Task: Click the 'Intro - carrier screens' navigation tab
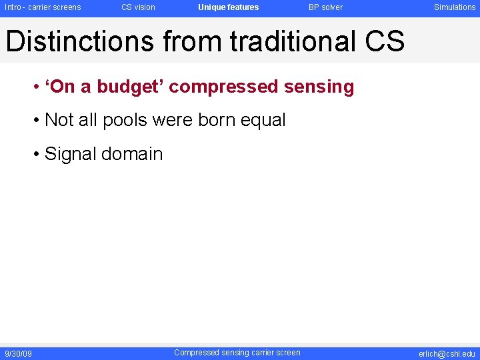[x=43, y=7]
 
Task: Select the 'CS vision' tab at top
[x=138, y=7]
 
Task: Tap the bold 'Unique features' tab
[x=228, y=7]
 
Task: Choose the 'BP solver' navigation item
[x=325, y=7]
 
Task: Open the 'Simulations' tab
[x=455, y=7]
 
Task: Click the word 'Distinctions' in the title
[x=79, y=41]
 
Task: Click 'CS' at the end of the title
[x=385, y=41]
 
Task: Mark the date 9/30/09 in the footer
[x=18, y=353]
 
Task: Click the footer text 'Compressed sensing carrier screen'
[x=237, y=353]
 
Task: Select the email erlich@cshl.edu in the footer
[x=447, y=353]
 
